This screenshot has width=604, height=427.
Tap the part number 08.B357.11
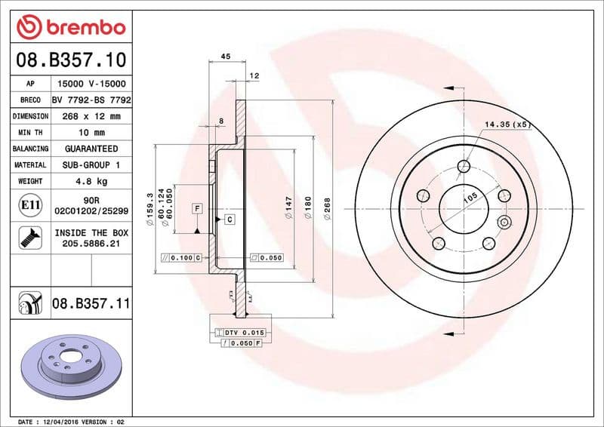[x=91, y=304]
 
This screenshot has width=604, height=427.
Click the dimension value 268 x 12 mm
[x=91, y=116]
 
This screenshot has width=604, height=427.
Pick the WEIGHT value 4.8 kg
[x=91, y=181]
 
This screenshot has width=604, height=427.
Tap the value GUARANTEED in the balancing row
[x=91, y=149]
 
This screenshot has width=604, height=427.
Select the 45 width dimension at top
[x=225, y=56]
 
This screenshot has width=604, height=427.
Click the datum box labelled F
[x=197, y=207]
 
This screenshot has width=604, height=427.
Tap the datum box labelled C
[x=229, y=219]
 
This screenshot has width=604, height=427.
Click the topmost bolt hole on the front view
[x=464, y=167]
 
